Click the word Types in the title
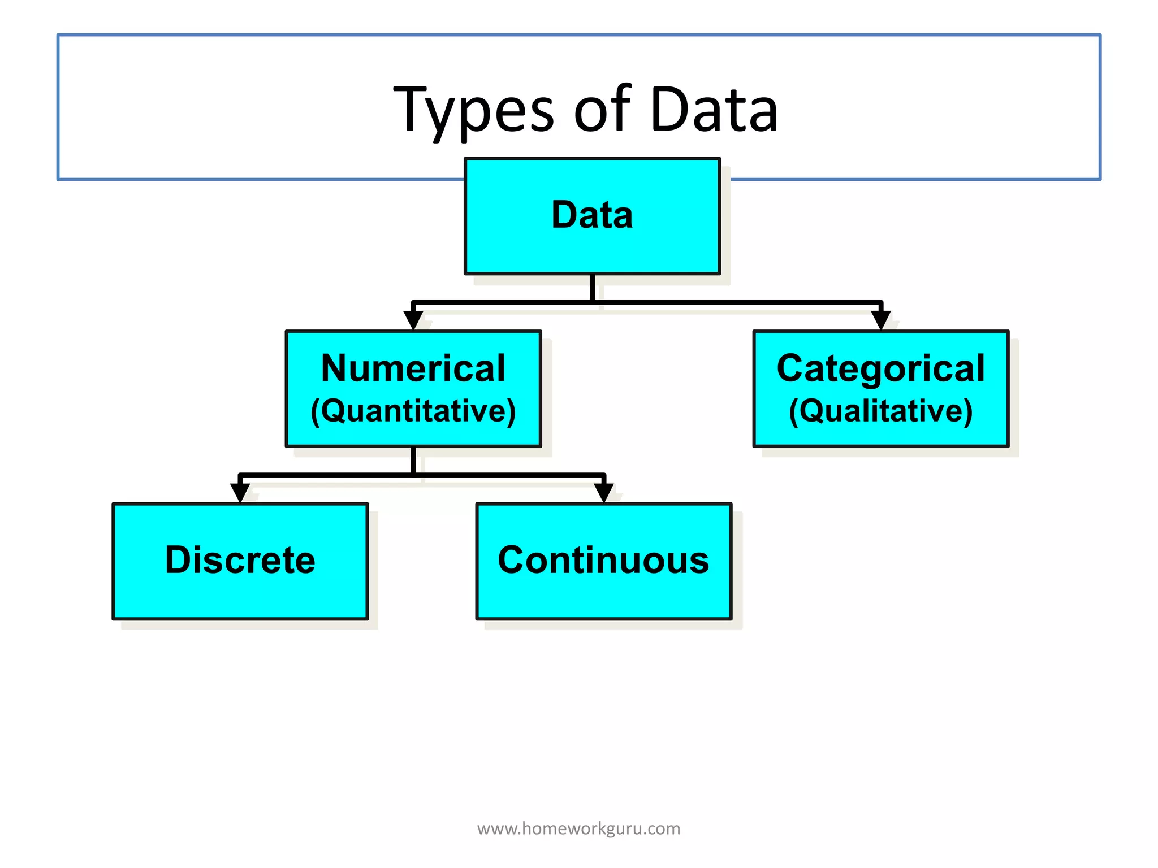(473, 110)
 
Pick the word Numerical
(413, 368)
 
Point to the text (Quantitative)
(413, 411)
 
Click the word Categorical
(880, 368)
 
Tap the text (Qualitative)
(880, 411)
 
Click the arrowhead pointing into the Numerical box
(413, 320)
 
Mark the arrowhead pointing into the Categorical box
(881, 320)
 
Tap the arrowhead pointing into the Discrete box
(240, 493)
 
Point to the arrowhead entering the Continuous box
(604, 493)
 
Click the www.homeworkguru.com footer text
(578, 828)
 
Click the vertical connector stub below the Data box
(592, 288)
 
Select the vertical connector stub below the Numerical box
(413, 461)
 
